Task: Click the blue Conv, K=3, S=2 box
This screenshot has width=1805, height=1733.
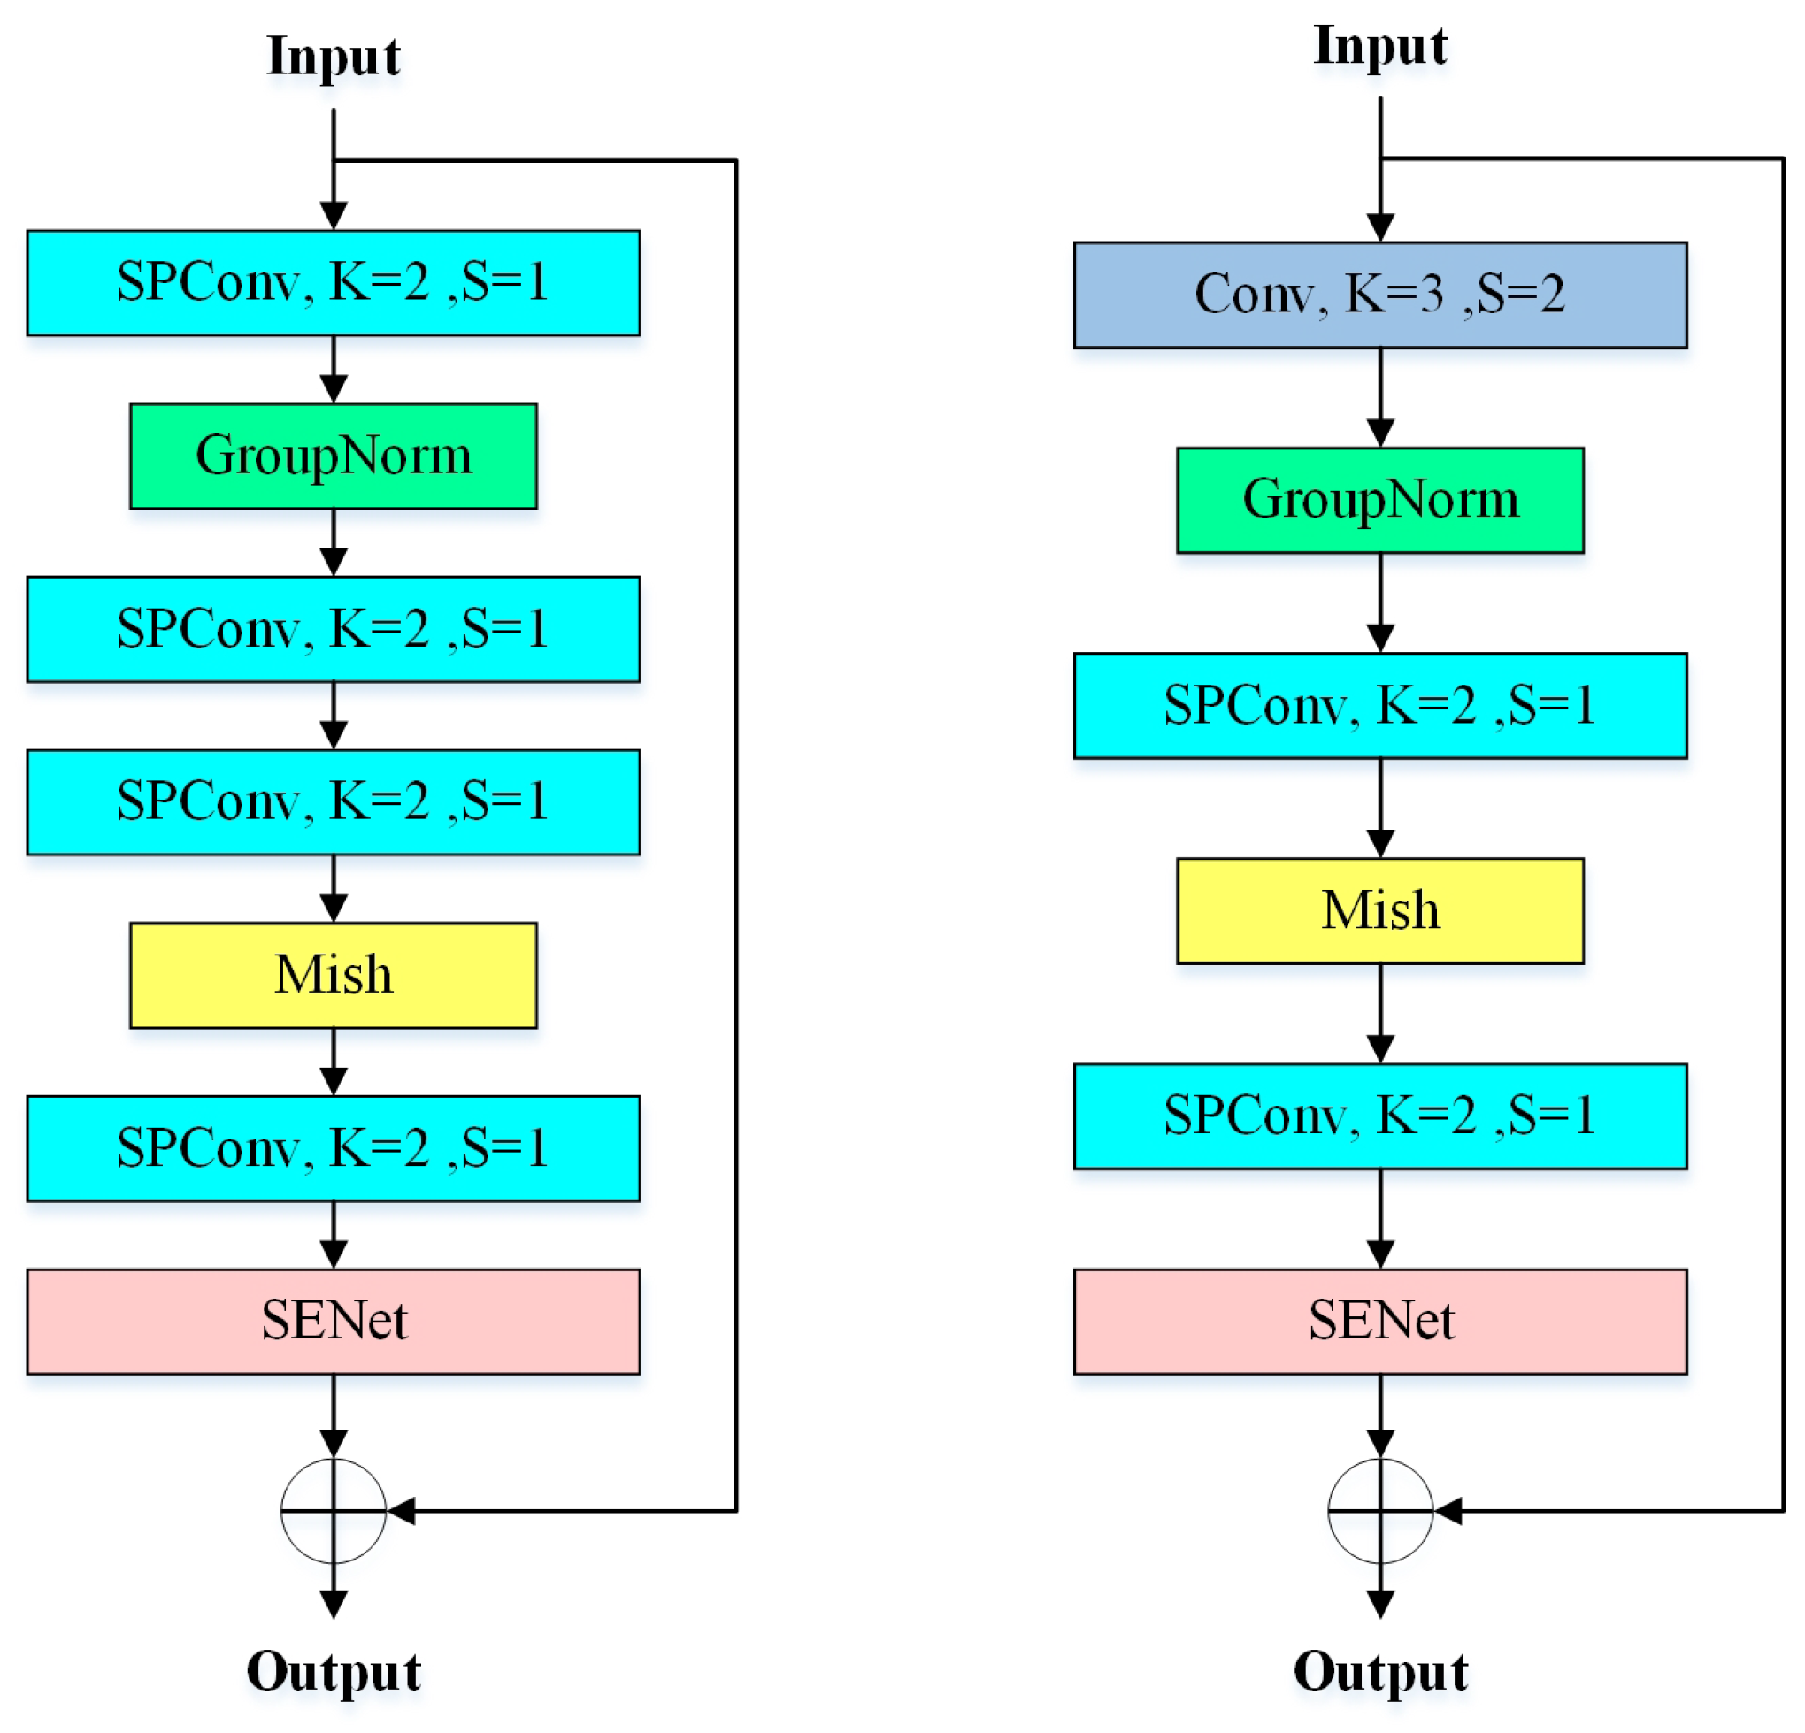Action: point(1379,295)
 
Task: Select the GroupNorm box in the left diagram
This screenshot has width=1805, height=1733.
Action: point(334,456)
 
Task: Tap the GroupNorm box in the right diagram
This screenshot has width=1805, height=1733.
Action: point(1379,500)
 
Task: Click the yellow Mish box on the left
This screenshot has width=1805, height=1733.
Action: point(334,975)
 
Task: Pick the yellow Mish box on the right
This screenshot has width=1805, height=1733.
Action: point(1379,910)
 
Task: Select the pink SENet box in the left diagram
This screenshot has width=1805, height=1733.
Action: point(334,1322)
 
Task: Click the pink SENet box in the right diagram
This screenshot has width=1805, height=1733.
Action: point(1379,1322)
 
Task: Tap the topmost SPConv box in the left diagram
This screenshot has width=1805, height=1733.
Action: point(334,283)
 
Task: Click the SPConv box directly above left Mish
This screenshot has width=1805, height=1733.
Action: point(334,802)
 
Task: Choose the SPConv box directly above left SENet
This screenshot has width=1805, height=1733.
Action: point(334,1148)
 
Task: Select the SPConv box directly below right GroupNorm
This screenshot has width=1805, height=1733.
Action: point(1379,705)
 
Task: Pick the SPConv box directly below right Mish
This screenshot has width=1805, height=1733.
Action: point(1379,1116)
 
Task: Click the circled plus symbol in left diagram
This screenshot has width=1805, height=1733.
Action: point(334,1511)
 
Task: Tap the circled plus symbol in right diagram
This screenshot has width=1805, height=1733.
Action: point(1379,1511)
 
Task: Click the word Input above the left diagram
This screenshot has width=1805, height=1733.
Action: point(334,58)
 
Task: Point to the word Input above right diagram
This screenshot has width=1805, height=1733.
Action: point(1379,46)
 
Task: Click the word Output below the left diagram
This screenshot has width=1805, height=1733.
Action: point(334,1671)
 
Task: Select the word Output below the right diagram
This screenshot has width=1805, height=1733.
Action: point(1379,1671)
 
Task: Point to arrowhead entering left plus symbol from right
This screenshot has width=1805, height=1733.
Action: point(402,1511)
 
